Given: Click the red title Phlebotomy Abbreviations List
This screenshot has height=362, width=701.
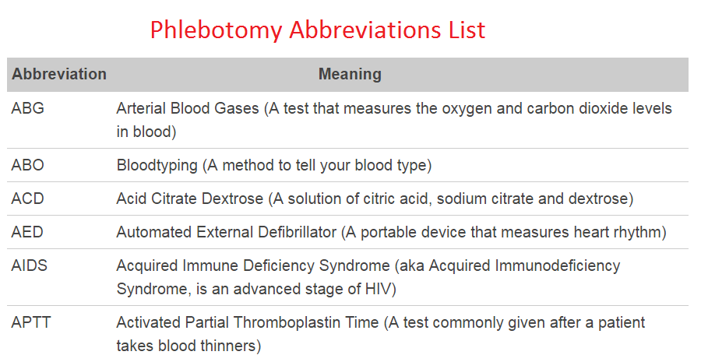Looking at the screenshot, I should pyautogui.click(x=317, y=30).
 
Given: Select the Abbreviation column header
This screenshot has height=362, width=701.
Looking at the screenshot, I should pyautogui.click(x=59, y=75).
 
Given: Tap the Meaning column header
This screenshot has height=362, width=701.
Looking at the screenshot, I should pyautogui.click(x=350, y=75).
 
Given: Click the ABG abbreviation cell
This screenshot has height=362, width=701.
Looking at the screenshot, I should pyautogui.click(x=28, y=109).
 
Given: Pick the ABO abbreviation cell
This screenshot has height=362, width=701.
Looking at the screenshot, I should pyautogui.click(x=28, y=165).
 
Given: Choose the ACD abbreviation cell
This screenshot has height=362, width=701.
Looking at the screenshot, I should pyautogui.click(x=28, y=199).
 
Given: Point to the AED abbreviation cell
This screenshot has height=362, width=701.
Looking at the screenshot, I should pyautogui.click(x=28, y=232).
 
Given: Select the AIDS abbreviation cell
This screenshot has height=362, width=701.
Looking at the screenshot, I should pyautogui.click(x=30, y=265).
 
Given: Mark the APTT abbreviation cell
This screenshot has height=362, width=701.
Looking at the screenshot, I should pyautogui.click(x=31, y=322).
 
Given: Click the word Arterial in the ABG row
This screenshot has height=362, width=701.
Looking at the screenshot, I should pyautogui.click(x=140, y=109).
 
